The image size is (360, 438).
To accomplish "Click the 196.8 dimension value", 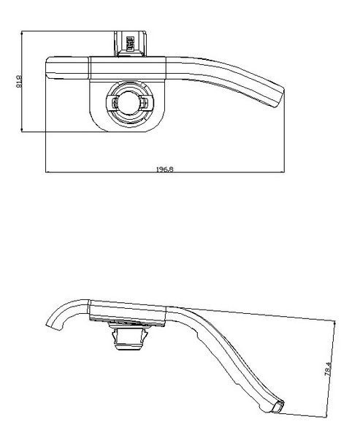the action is (x=164, y=169).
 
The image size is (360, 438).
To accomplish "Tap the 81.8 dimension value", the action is (x=19, y=81).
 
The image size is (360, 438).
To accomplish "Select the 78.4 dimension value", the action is (x=328, y=369).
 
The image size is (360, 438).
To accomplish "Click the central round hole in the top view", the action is (x=129, y=102).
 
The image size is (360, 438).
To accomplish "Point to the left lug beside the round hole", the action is (x=114, y=103).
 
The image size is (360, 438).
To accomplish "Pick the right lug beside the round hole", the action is (x=145, y=103).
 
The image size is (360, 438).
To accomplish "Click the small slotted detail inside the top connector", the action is (x=130, y=43).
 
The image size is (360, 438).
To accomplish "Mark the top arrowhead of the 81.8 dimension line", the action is (x=22, y=31).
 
